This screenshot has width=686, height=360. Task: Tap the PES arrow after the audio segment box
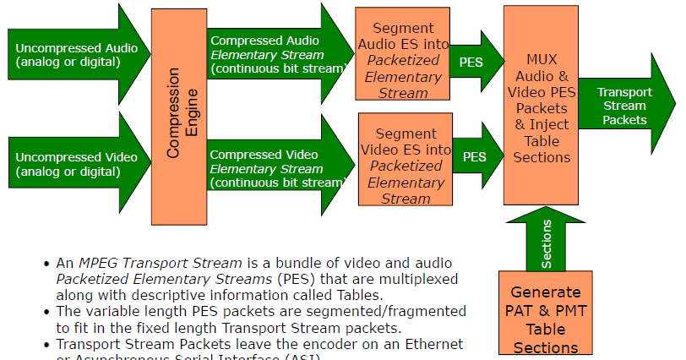coord(473,62)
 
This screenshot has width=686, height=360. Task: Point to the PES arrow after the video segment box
coord(476,156)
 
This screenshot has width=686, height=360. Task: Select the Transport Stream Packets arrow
coord(625,106)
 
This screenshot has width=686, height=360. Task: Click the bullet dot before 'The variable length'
coord(46,312)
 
